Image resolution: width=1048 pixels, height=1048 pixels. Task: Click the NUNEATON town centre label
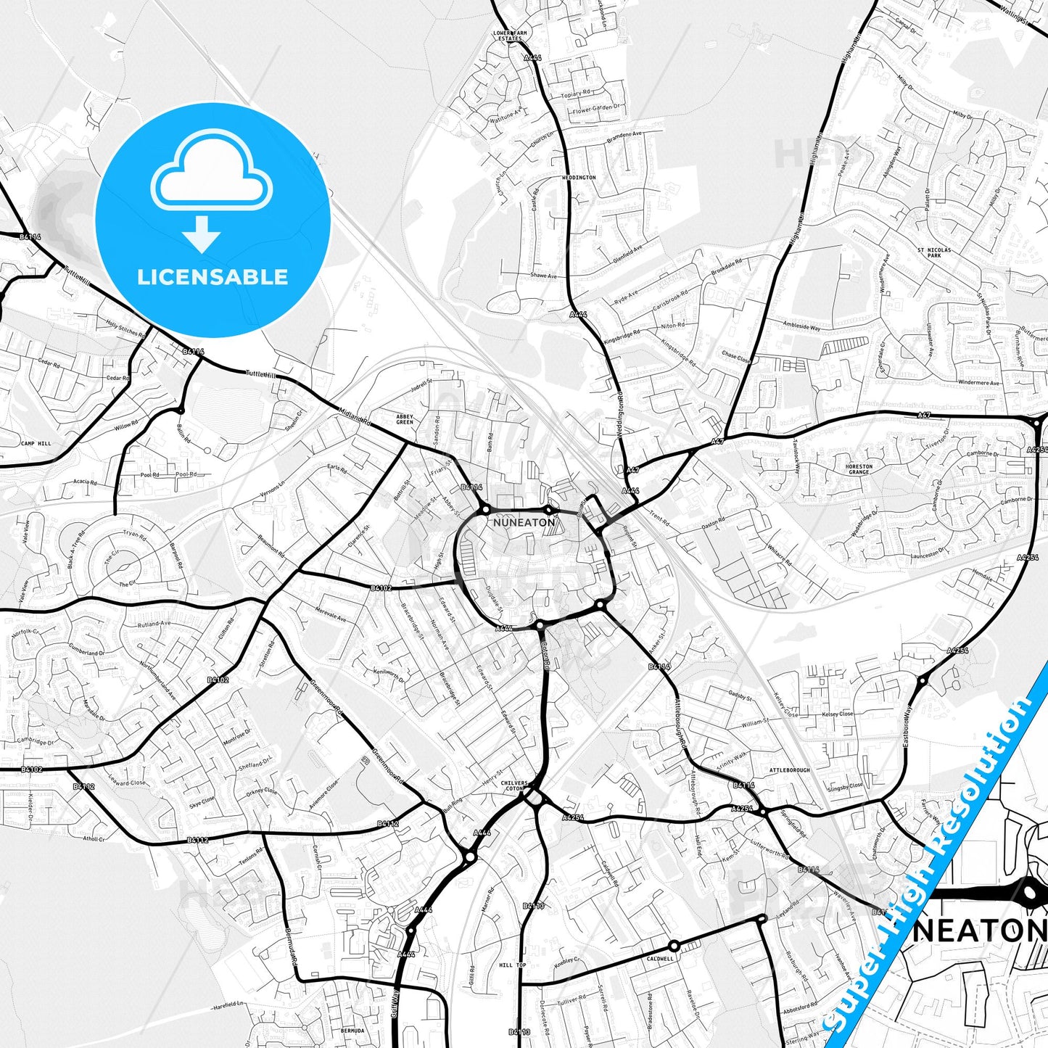pos(524,522)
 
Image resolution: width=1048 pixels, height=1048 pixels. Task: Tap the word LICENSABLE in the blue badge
pos(213,277)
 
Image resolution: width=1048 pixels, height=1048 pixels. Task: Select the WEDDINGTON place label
pos(579,178)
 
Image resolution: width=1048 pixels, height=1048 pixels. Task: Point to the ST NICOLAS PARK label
pos(934,252)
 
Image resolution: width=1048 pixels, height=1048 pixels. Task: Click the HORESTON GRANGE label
pos(859,469)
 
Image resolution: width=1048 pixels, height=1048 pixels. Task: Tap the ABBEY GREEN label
pos(405,419)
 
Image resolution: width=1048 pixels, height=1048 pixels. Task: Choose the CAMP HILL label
pos(36,443)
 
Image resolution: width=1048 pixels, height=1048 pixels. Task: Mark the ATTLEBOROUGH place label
pos(790,770)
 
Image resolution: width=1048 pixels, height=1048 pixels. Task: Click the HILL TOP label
pos(512,965)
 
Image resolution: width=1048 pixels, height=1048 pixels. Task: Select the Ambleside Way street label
pos(801,327)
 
